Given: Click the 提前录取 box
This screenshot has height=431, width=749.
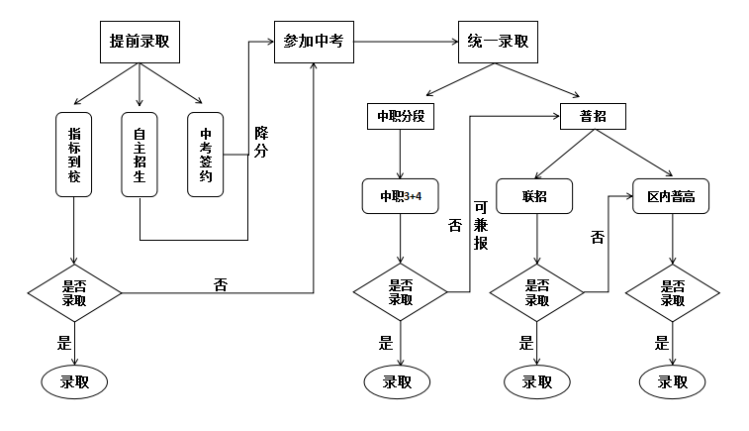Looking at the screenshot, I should tap(140, 42).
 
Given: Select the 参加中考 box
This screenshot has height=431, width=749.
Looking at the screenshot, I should tap(313, 42).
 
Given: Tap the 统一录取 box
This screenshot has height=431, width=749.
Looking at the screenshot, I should tap(497, 42).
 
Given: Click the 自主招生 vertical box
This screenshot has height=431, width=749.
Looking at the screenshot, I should tap(140, 154).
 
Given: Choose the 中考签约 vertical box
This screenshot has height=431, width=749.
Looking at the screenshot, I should tap(206, 154).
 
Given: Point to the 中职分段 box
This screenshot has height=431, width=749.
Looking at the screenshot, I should tap(400, 117).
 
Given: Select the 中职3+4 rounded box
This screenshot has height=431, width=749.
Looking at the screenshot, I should tap(400, 196).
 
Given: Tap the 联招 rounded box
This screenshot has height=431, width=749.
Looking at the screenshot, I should tap(535, 196).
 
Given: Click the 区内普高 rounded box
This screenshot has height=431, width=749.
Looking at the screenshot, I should tap(671, 196).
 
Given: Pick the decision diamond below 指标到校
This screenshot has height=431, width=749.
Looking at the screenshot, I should tap(74, 292).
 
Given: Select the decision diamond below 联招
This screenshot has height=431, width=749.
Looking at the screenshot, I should tap(535, 292).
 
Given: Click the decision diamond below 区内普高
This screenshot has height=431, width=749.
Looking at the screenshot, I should tap(673, 292).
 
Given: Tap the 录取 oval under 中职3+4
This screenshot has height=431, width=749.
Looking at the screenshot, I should tap(400, 381).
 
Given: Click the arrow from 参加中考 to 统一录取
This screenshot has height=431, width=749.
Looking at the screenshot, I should tap(406, 42).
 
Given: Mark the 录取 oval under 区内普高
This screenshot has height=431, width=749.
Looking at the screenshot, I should tap(673, 381).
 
